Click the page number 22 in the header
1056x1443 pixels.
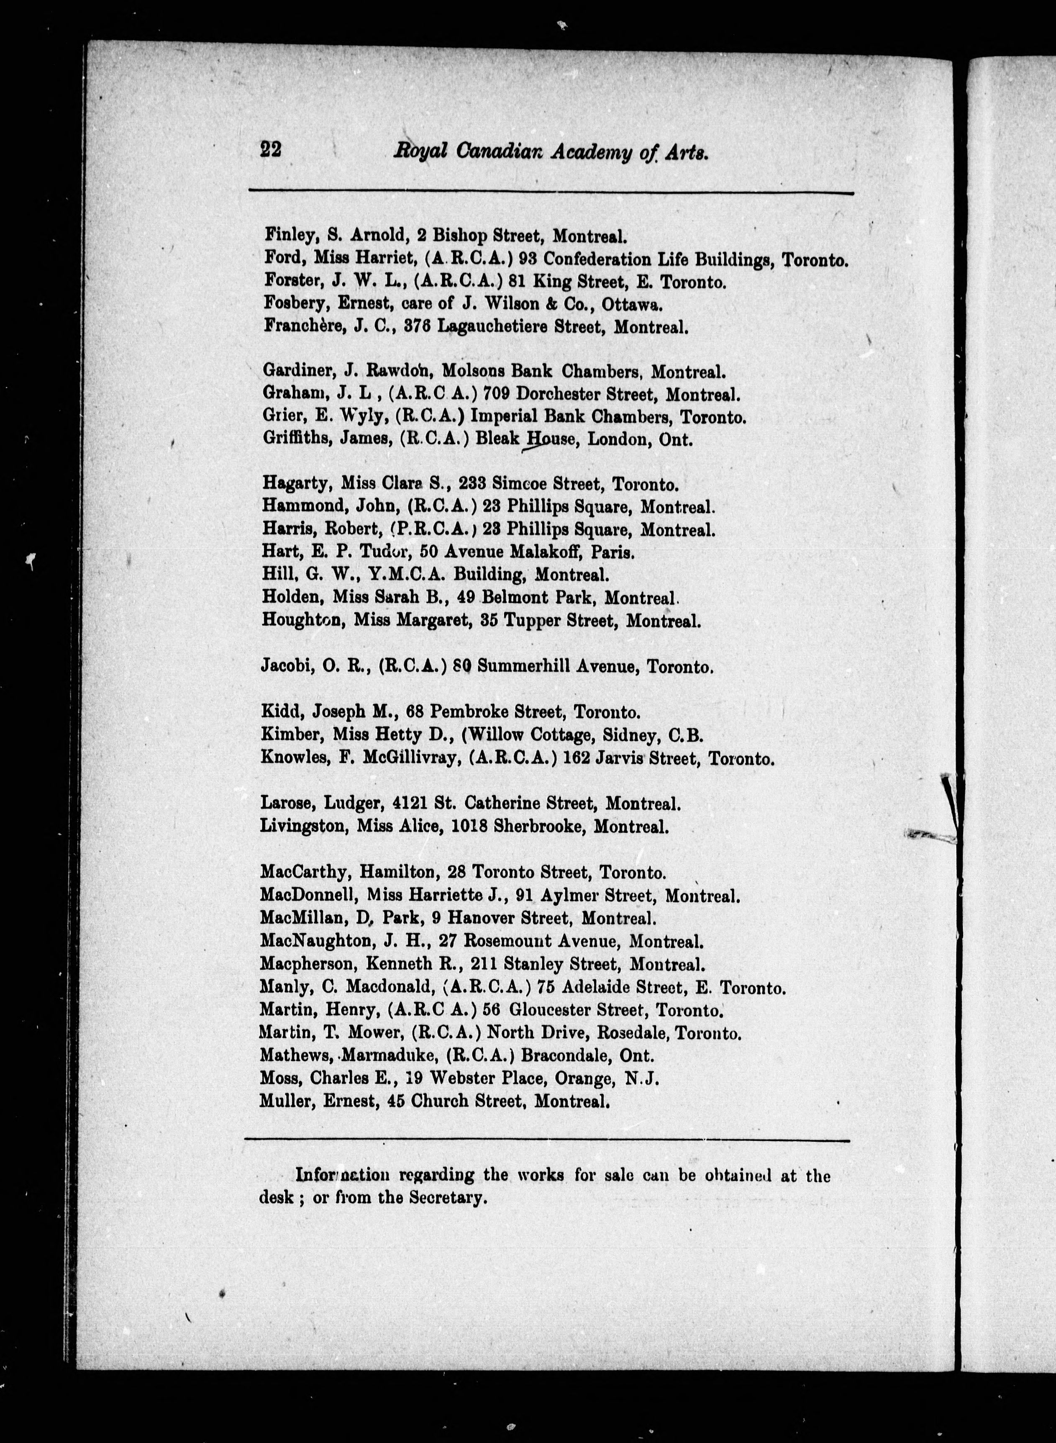pos(271,149)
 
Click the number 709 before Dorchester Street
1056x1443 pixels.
pos(496,395)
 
